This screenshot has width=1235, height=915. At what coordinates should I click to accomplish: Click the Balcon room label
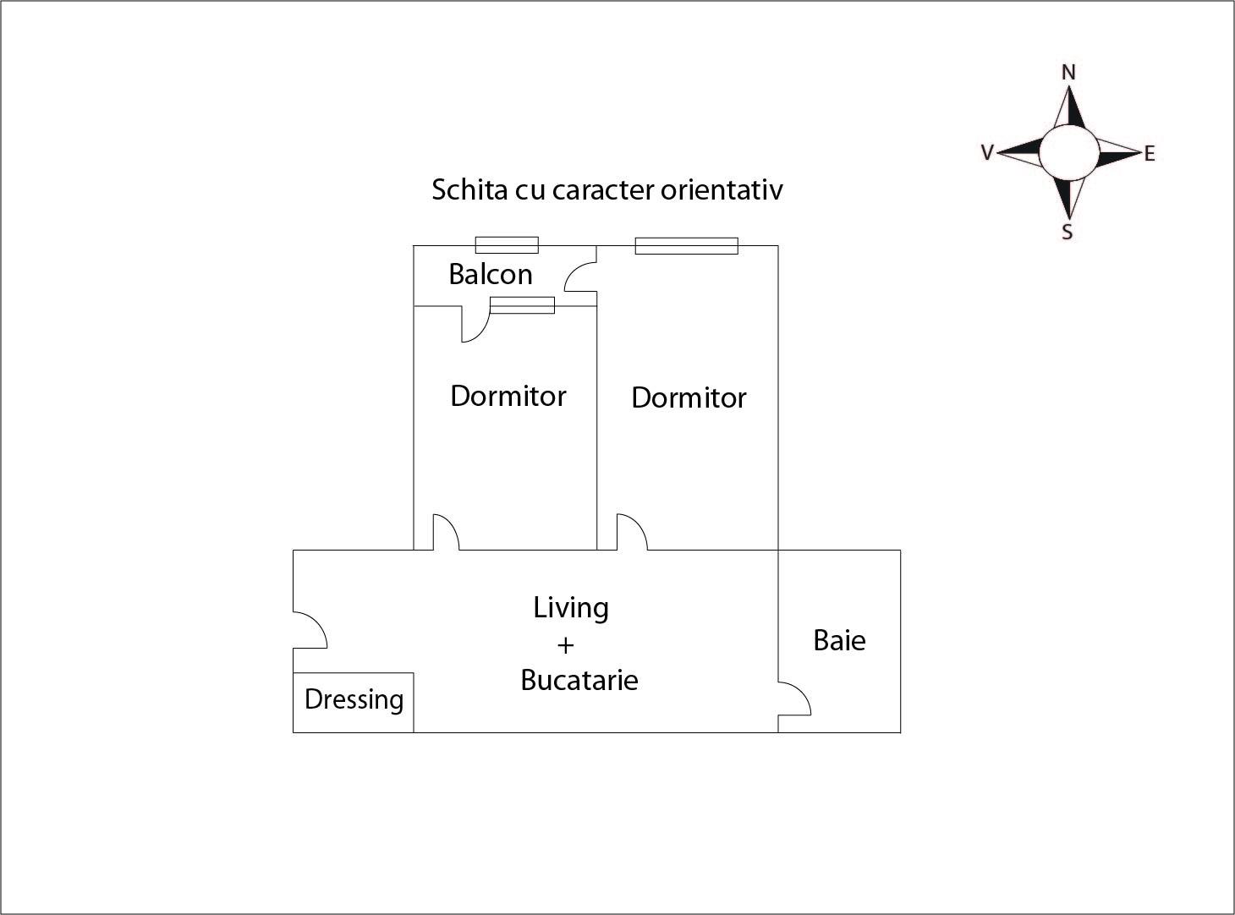pyautogui.click(x=491, y=274)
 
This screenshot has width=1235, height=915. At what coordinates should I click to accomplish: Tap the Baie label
pyautogui.click(x=839, y=640)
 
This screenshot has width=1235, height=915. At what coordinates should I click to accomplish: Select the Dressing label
pyautogui.click(x=354, y=700)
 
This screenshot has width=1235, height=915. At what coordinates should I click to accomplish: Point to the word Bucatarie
pyautogui.click(x=579, y=680)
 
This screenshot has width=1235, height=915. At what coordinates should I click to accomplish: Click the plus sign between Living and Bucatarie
pyautogui.click(x=565, y=645)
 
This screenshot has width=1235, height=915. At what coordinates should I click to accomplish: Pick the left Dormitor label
pyautogui.click(x=508, y=396)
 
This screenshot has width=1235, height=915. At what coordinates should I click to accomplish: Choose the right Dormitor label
pyautogui.click(x=689, y=397)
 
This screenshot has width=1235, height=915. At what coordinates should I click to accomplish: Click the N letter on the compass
pyautogui.click(x=1068, y=73)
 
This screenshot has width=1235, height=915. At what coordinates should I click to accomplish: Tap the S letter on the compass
pyautogui.click(x=1067, y=232)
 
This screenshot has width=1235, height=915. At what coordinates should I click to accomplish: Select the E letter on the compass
pyautogui.click(x=1150, y=154)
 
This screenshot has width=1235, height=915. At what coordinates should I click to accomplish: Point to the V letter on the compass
pyautogui.click(x=987, y=152)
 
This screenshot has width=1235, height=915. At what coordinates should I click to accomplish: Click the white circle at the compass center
pyautogui.click(x=1069, y=152)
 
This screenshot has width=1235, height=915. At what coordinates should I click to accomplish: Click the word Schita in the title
pyautogui.click(x=469, y=189)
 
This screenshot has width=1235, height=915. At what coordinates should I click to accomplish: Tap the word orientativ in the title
pyautogui.click(x=722, y=190)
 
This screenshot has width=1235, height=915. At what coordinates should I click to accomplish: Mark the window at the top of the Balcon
pyautogui.click(x=507, y=245)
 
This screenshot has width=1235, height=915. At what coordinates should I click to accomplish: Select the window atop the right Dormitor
pyautogui.click(x=687, y=245)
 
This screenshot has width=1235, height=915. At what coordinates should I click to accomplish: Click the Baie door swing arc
pyautogui.click(x=794, y=699)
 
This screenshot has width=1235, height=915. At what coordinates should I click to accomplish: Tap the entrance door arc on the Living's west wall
pyautogui.click(x=310, y=630)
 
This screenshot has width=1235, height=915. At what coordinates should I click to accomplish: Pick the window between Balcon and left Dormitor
pyautogui.click(x=522, y=305)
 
